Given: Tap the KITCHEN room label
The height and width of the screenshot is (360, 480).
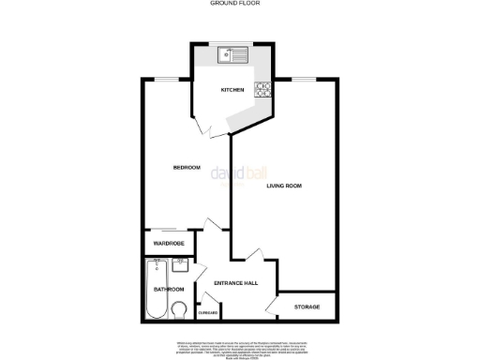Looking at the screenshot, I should point(232,90).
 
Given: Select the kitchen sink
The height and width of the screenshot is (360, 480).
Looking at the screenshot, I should point(232,55).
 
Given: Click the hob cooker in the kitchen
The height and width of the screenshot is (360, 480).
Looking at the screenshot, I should point(264,90).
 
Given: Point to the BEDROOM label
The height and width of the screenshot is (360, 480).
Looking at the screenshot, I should point(187,168).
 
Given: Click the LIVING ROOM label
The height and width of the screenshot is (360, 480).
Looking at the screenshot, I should point(284,187).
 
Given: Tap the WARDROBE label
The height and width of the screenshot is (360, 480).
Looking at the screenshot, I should point(170,244).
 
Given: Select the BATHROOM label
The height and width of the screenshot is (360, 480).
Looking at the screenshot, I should point(169,290).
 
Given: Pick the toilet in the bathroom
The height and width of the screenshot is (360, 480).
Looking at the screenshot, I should point(182,310).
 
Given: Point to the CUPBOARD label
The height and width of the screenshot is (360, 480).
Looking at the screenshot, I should point(208,312).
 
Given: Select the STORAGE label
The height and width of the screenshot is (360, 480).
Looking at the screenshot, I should point(307,307).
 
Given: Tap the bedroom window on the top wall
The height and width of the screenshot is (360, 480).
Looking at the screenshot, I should point(167,80).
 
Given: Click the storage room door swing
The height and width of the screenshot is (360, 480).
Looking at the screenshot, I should point(272,307).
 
